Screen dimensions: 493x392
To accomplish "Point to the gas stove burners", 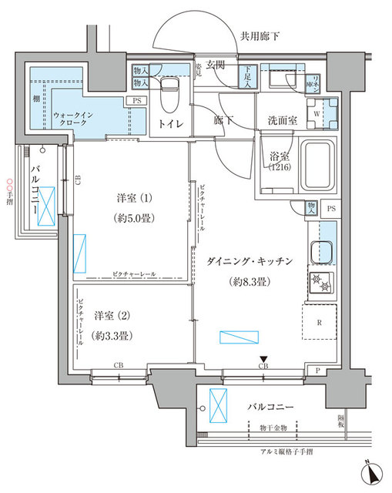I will click(x=323, y=284).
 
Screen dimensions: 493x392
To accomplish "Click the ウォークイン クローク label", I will click(x=73, y=120).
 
